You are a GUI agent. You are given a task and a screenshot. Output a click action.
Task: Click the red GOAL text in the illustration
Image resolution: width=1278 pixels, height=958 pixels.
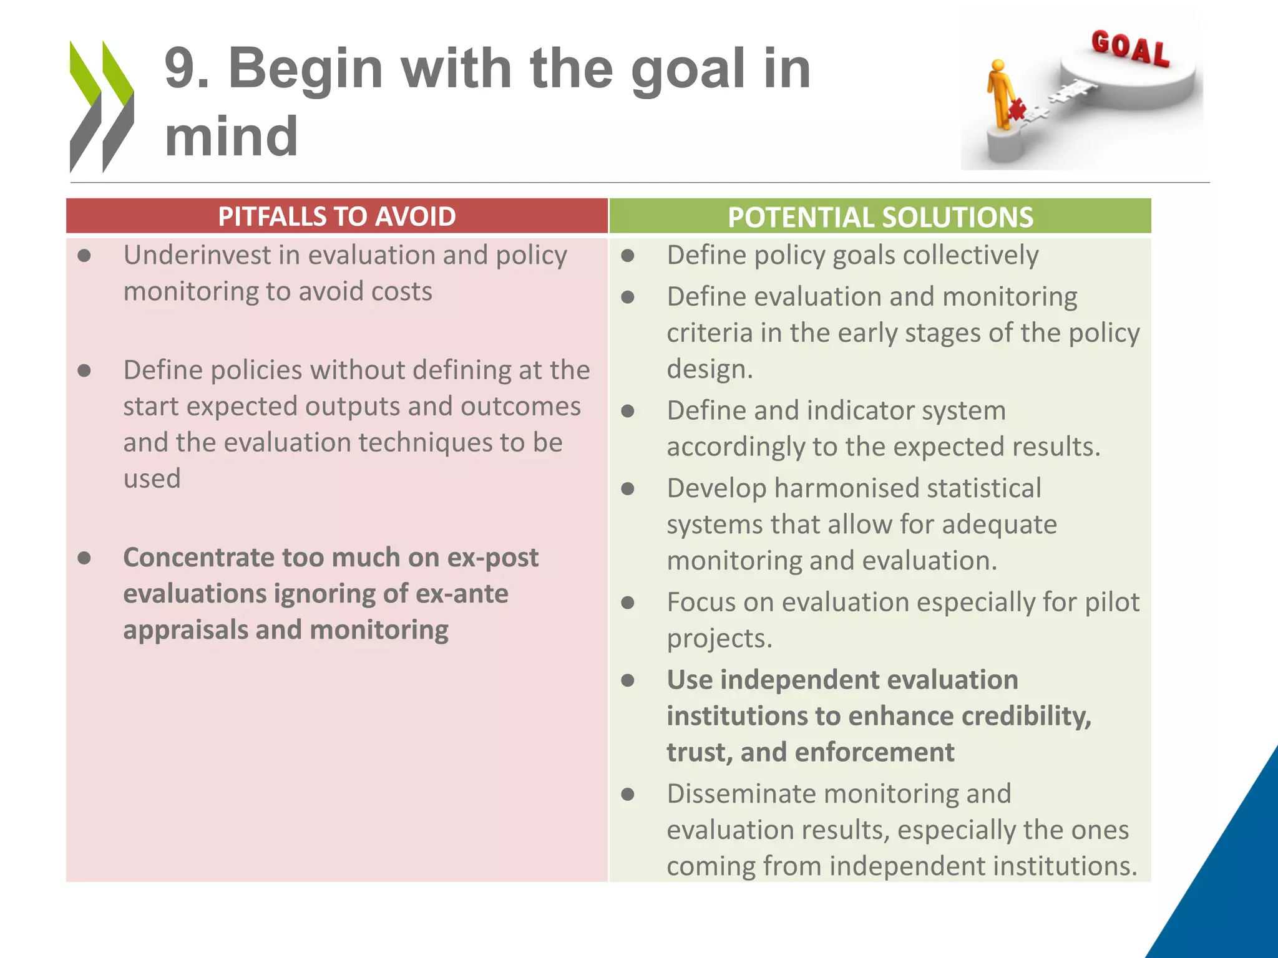tap(1130, 48)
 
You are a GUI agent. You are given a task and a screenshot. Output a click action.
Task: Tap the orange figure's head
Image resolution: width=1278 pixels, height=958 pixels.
tap(998, 65)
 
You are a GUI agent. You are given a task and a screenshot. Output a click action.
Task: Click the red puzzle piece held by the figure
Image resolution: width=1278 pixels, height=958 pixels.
tap(1017, 109)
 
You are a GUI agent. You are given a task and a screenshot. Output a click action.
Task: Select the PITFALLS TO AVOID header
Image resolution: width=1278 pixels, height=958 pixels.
tap(337, 216)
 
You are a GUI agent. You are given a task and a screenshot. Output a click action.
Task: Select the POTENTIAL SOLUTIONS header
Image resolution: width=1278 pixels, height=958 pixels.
tap(880, 217)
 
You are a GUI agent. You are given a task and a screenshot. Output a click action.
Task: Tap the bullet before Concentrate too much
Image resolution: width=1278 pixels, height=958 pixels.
tap(85, 558)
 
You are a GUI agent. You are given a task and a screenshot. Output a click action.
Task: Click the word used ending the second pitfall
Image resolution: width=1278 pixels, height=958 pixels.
tap(152, 479)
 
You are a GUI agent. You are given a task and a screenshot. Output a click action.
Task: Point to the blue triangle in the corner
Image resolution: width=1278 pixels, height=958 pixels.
tap(1223, 886)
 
